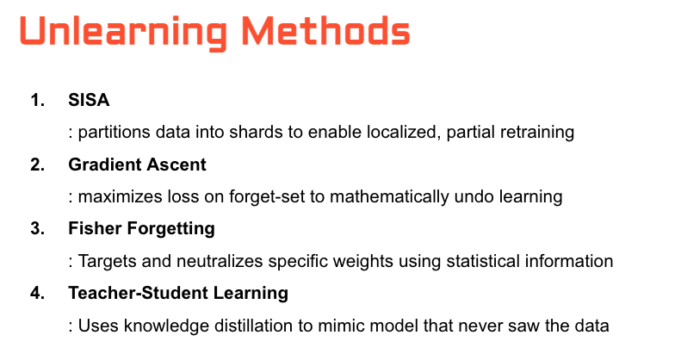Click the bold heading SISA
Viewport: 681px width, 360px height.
[x=89, y=100]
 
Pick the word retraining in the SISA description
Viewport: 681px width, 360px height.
[x=535, y=133]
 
